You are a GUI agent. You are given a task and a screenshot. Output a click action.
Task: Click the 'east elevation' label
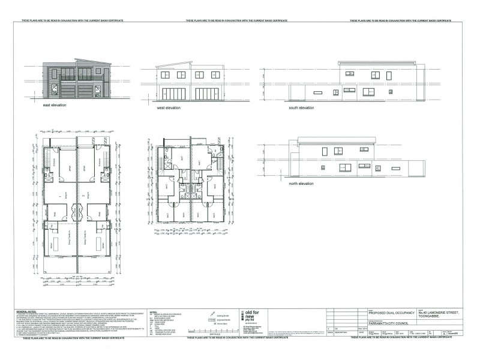[54, 105]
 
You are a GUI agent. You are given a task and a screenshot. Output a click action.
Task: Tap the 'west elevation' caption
[170, 108]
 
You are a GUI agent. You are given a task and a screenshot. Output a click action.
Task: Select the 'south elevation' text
[301, 108]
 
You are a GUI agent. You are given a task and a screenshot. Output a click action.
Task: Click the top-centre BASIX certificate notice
[239, 20]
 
